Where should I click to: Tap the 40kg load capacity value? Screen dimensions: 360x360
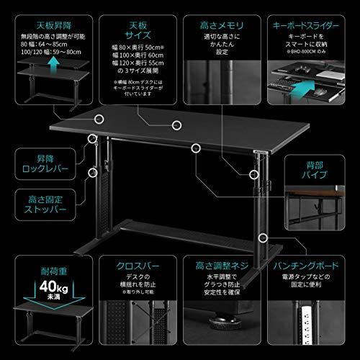pyautogui.click(x=42, y=292)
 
